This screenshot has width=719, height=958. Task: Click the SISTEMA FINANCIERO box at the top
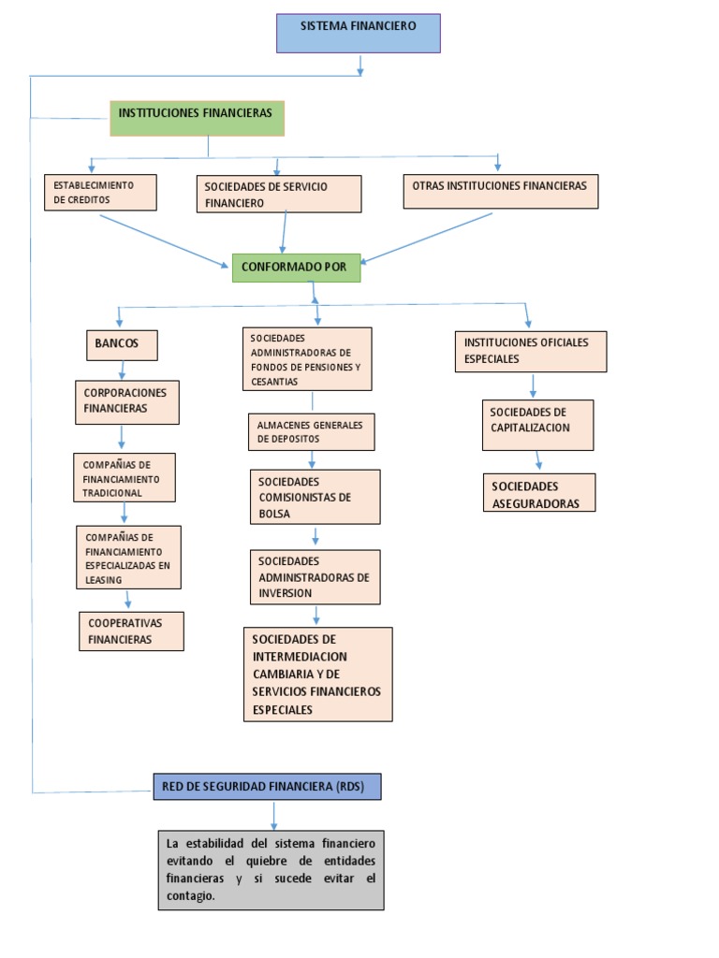click(x=358, y=33)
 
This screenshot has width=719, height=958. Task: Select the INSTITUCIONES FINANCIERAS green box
click(x=197, y=119)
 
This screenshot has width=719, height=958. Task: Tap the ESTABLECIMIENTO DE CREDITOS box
click(x=100, y=193)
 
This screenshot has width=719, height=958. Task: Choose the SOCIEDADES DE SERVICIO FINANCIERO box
click(x=278, y=194)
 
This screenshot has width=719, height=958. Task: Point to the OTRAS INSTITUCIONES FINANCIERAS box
click(x=500, y=191)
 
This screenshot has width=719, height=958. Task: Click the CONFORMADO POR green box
click(x=295, y=268)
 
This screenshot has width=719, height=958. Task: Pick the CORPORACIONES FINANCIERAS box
click(x=126, y=401)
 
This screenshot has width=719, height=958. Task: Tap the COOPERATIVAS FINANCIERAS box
click(x=131, y=631)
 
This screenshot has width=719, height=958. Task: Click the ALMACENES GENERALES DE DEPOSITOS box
click(x=311, y=431)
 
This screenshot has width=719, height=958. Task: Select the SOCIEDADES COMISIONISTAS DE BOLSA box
click(x=315, y=497)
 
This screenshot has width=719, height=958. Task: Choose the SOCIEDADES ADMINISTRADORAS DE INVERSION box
click(x=315, y=577)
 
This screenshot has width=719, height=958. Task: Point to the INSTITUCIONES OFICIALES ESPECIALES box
click(x=531, y=351)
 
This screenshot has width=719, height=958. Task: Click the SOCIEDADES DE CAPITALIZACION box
click(x=537, y=425)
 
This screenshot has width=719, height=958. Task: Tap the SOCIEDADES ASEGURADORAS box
click(x=539, y=493)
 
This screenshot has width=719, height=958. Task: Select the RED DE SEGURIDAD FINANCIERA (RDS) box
click(x=267, y=787)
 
